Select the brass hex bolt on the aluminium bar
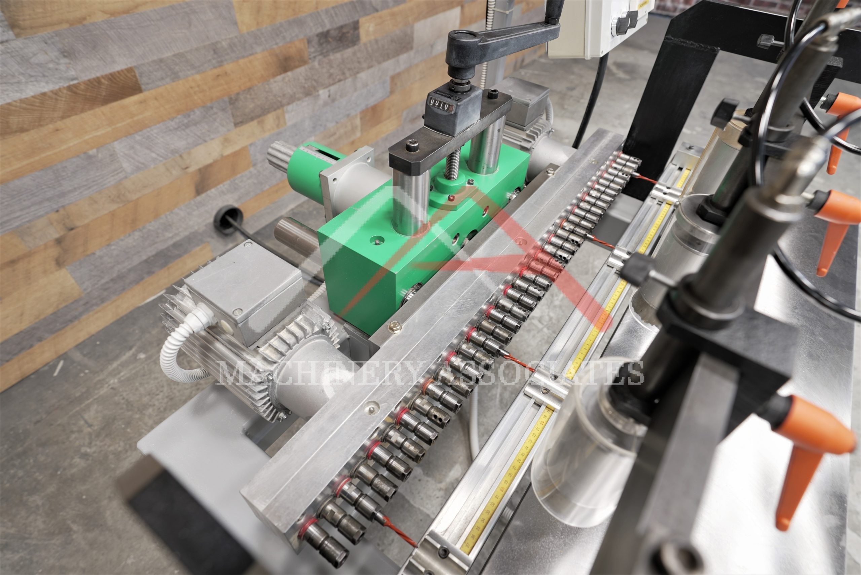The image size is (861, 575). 395,324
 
